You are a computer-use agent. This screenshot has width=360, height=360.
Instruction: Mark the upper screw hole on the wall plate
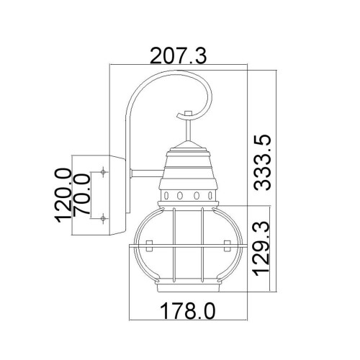click(104, 172)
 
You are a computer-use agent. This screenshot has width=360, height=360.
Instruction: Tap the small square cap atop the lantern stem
click(189, 113)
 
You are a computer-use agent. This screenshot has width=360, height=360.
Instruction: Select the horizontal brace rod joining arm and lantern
click(144, 171)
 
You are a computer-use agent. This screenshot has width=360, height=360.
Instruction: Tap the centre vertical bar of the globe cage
click(189, 245)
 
